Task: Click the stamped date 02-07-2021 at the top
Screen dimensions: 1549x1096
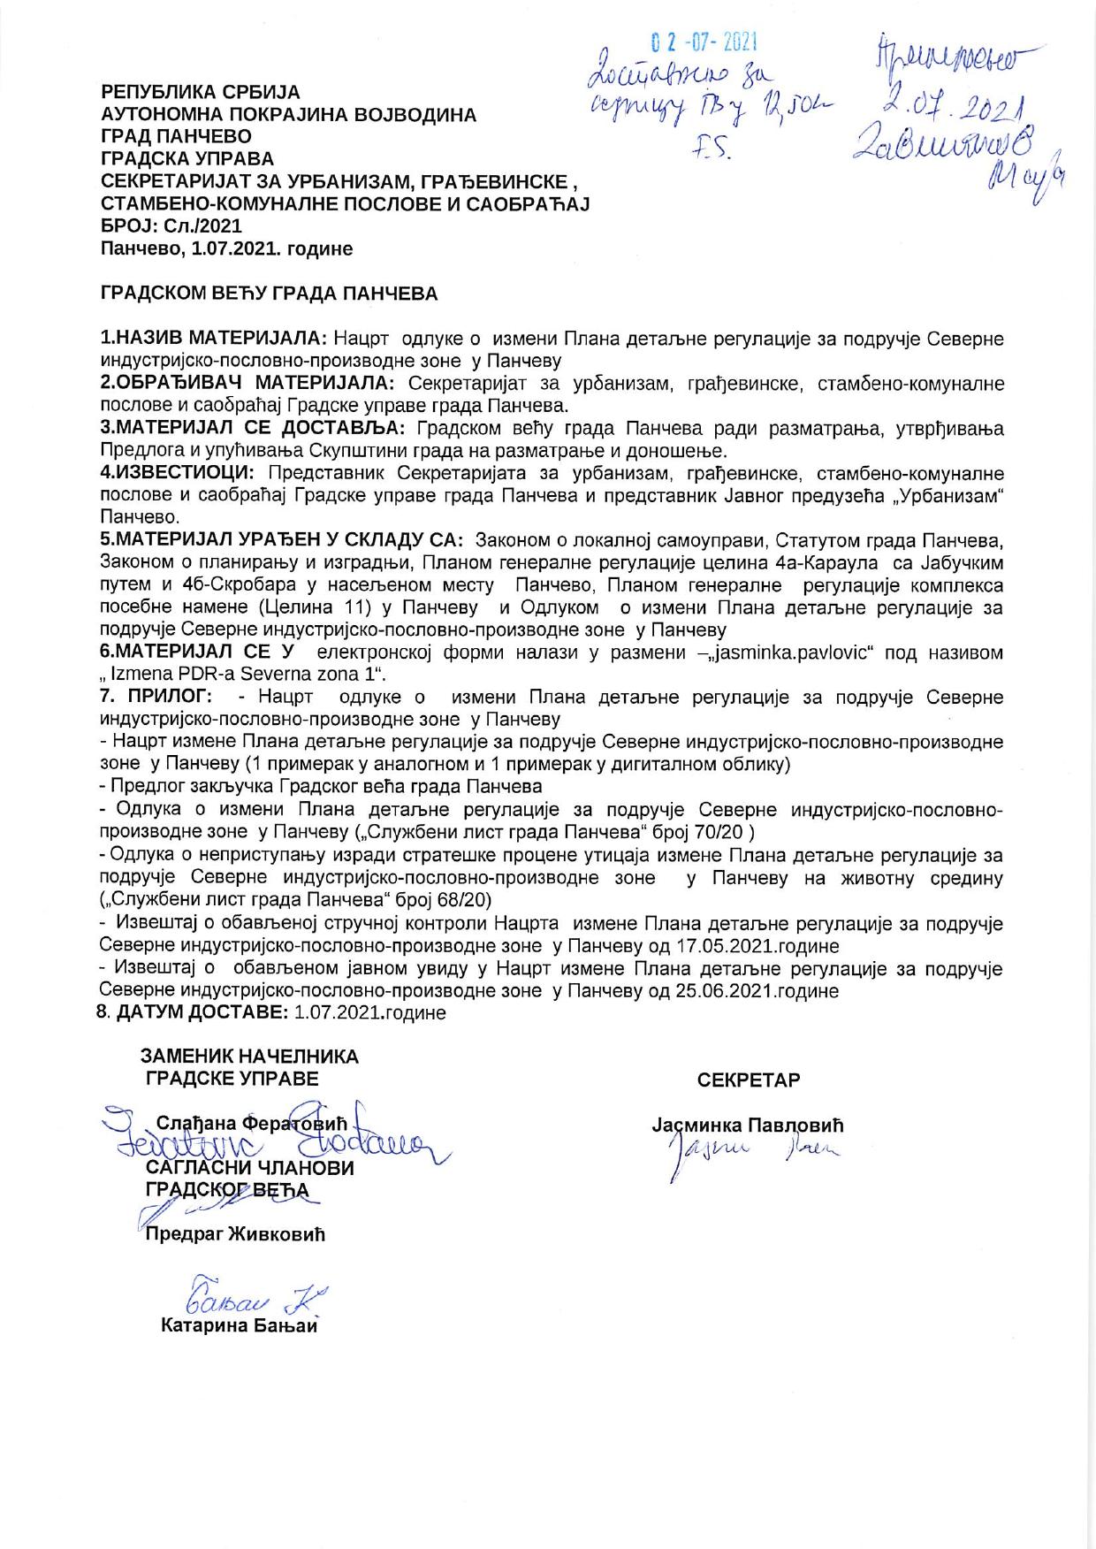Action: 706,42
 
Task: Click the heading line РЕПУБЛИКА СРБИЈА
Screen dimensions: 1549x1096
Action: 201,92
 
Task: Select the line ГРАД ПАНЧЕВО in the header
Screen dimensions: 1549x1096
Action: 176,137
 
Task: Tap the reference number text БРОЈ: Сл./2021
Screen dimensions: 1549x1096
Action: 171,226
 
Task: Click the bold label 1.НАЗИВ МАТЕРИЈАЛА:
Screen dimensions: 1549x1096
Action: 215,339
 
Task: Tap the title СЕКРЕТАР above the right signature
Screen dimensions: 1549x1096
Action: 748,1080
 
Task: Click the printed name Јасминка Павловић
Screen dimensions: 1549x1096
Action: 748,1126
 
